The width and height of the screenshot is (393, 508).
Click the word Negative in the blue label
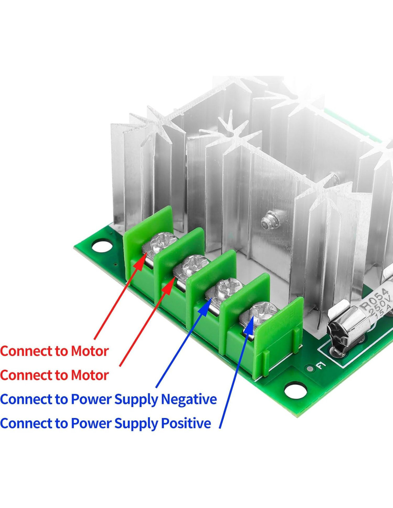pyautogui.click(x=189, y=399)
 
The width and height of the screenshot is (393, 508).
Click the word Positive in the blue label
pyautogui.click(x=186, y=423)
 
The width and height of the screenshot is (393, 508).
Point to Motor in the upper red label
pyautogui.click(x=90, y=351)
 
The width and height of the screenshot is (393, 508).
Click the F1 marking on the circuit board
pyautogui.click(x=320, y=366)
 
